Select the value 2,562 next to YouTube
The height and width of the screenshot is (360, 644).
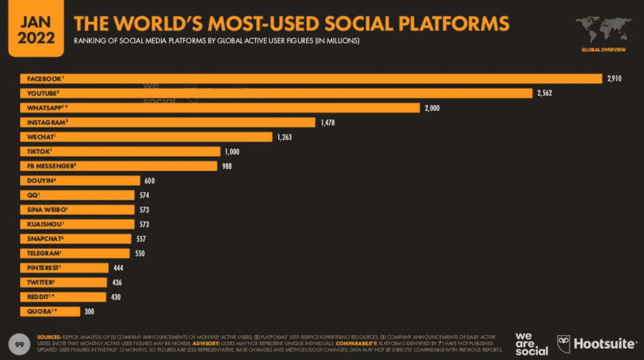coord(544,93)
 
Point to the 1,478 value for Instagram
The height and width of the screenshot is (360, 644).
coord(327,123)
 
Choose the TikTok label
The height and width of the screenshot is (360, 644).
coord(39,151)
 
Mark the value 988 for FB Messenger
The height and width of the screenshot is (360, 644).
coord(227,166)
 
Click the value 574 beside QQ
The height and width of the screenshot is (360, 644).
coord(144,195)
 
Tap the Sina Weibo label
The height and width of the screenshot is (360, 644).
coord(47,210)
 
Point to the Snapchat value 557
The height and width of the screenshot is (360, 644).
coord(141,239)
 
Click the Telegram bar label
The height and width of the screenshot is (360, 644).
coord(44,253)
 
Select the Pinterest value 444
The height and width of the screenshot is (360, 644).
coord(118,268)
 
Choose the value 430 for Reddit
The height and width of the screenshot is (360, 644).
coord(116,297)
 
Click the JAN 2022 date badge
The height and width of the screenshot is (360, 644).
coord(36,29)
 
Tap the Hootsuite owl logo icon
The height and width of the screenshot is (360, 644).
coord(563,344)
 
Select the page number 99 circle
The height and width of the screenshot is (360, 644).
coord(19,344)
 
